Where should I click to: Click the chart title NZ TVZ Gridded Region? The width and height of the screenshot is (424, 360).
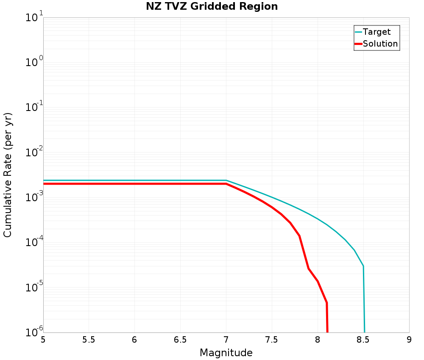click(212, 7)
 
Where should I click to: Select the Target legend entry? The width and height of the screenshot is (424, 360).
click(377, 32)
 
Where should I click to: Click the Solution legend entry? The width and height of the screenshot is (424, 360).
click(380, 44)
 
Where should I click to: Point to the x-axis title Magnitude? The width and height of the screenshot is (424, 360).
click(226, 353)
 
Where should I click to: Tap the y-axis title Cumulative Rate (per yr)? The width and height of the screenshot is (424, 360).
click(8, 175)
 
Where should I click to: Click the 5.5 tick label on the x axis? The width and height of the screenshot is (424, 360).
click(89, 340)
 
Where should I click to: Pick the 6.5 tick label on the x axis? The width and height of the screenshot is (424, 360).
click(180, 340)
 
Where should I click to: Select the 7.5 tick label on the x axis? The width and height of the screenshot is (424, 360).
click(272, 340)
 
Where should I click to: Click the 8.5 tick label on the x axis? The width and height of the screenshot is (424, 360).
click(363, 340)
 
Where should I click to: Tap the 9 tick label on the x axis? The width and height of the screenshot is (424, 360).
click(409, 340)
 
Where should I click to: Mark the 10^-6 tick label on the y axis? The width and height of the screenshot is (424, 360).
click(33, 332)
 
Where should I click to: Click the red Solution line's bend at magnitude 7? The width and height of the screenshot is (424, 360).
click(226, 184)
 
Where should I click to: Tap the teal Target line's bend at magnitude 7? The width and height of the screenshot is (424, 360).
click(226, 180)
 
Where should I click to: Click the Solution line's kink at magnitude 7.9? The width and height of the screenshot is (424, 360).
click(308, 269)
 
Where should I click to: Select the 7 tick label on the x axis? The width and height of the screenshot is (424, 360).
click(226, 340)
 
